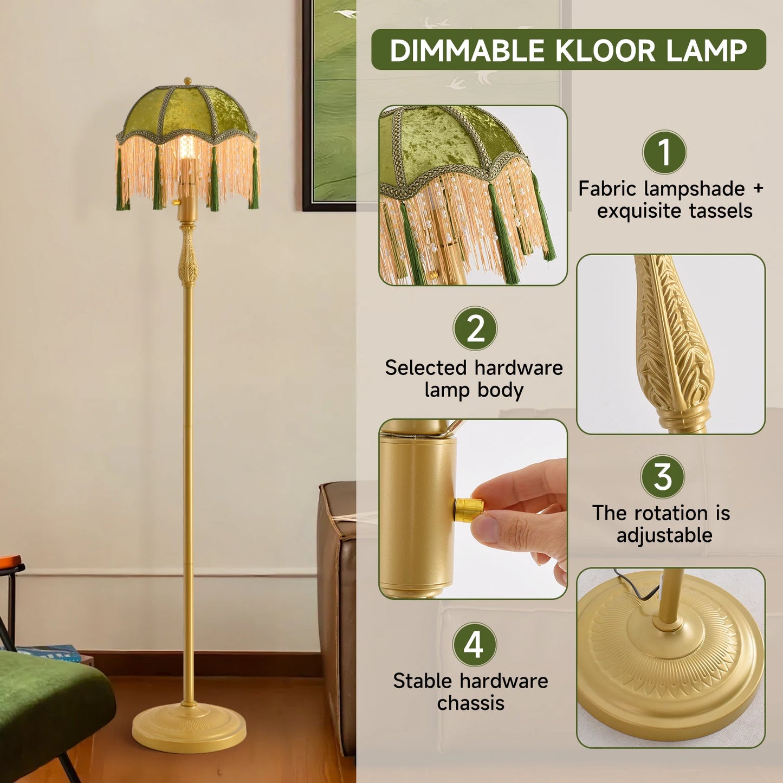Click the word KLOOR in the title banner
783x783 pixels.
tap(605, 50)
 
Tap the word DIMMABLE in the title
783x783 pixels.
tap(467, 50)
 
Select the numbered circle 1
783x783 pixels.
tap(664, 152)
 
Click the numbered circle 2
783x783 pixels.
tap(475, 328)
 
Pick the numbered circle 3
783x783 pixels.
tap(662, 477)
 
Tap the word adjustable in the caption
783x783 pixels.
tap(664, 535)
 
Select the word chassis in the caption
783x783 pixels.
tap(470, 703)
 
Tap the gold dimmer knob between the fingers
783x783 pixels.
tap(468, 509)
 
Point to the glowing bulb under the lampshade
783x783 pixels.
tap(187, 149)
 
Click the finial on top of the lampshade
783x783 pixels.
tap(187, 81)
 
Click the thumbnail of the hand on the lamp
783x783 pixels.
tap(473, 509)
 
